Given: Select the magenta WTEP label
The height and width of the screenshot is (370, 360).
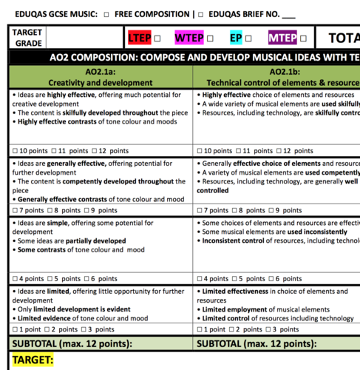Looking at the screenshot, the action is (x=189, y=38).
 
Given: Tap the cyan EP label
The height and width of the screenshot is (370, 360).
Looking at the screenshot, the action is (x=236, y=38).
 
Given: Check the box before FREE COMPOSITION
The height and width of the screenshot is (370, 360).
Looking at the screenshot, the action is (x=107, y=14).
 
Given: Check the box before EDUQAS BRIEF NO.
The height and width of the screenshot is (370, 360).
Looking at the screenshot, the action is (x=200, y=14).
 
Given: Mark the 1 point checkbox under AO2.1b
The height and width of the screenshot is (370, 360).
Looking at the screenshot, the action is (x=200, y=328).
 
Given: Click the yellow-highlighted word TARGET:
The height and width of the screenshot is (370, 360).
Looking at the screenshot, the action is (x=33, y=360).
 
